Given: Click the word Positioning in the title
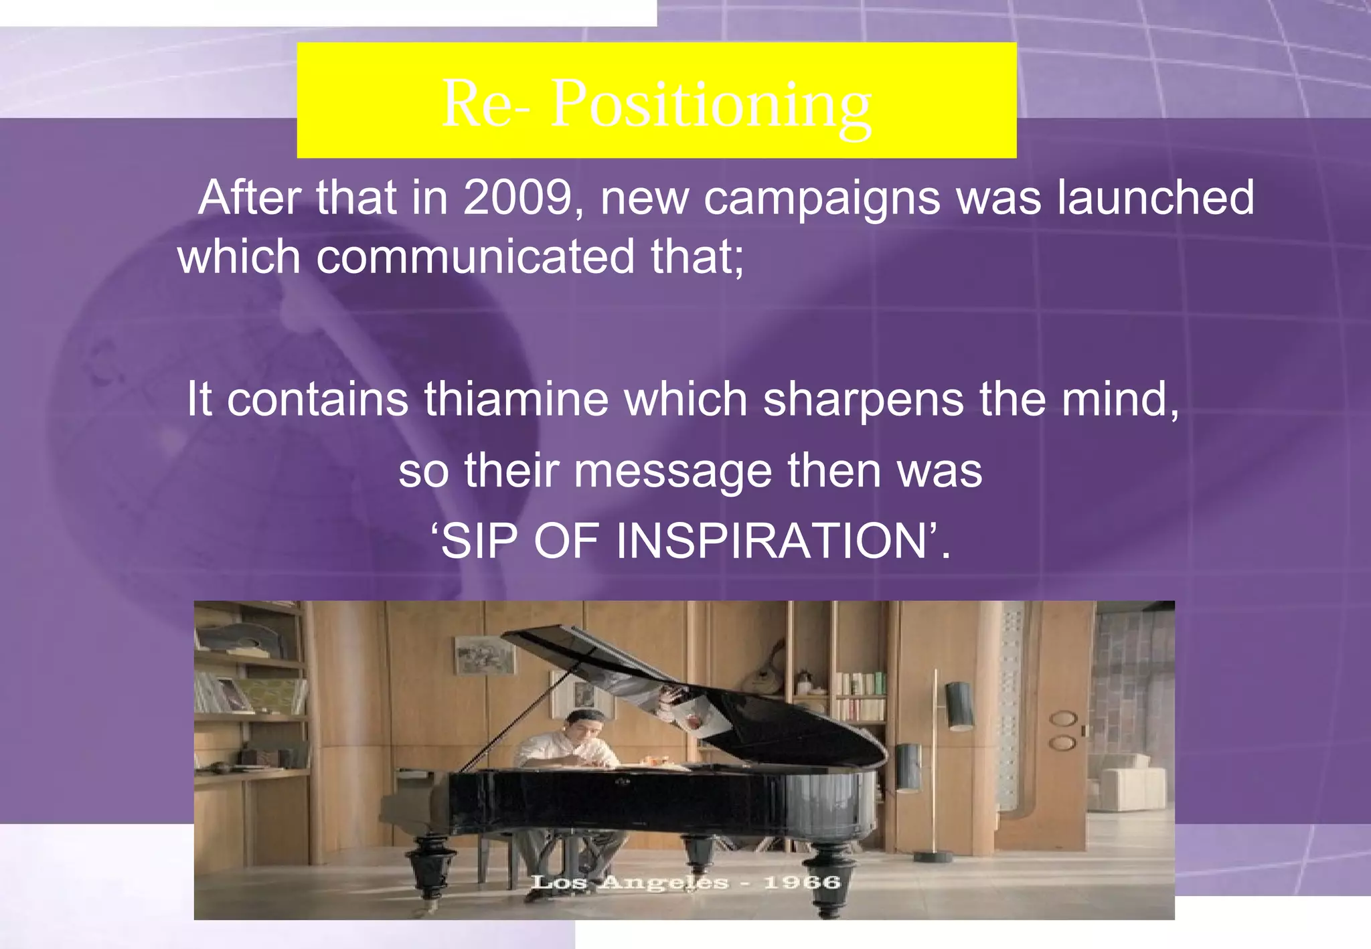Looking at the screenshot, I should (711, 103).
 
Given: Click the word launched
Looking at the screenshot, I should (1155, 198).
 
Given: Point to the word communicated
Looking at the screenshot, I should (475, 257).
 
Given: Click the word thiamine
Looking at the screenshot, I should (516, 400).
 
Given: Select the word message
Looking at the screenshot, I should (673, 471).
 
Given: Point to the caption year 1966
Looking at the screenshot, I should (802, 882).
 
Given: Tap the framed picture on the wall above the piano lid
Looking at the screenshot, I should (485, 655).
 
